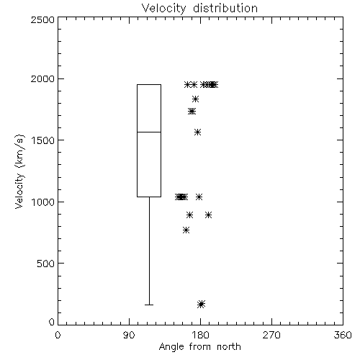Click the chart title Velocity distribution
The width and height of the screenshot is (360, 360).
(x=199, y=9)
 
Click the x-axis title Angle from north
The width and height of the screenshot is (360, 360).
(x=199, y=346)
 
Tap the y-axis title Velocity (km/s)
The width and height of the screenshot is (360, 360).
(x=19, y=171)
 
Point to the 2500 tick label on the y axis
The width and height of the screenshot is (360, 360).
(x=42, y=19)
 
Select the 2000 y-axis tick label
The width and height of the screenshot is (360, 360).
(x=42, y=78)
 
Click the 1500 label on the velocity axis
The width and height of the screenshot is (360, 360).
(x=43, y=140)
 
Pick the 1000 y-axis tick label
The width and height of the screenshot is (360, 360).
(x=43, y=202)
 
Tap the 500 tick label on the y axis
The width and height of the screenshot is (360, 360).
(x=46, y=264)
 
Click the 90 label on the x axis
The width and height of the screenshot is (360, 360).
(x=129, y=335)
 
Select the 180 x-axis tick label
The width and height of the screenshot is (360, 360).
(x=200, y=335)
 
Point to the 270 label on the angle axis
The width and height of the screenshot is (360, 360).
(x=271, y=335)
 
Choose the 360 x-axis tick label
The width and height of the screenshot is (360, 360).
(x=343, y=335)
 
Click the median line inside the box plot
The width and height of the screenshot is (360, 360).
(x=149, y=132)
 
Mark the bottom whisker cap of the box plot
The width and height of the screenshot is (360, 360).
(x=149, y=305)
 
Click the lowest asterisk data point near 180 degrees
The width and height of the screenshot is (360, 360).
(x=201, y=304)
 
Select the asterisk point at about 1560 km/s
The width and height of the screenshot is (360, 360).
(x=197, y=132)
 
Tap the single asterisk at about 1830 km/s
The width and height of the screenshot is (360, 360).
(x=195, y=99)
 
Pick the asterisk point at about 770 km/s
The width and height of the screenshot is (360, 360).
(x=186, y=230)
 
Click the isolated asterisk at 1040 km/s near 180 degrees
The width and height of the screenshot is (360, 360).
(x=199, y=197)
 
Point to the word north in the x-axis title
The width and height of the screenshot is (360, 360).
(x=229, y=346)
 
